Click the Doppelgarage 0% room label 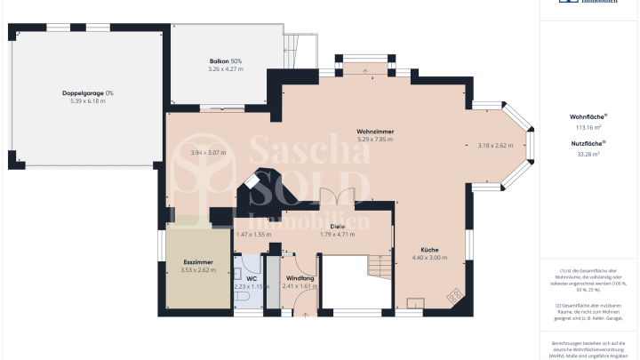(x=87, y=93)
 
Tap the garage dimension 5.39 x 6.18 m (x=87, y=101)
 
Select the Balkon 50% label (x=224, y=60)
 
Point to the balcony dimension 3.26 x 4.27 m (x=224, y=68)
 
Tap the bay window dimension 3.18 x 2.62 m (x=496, y=145)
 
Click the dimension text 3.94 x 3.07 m (x=208, y=152)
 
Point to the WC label (x=252, y=277)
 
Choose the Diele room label (x=337, y=227)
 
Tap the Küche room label (x=428, y=250)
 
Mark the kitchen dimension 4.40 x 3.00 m (x=428, y=258)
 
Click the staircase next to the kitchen (x=380, y=266)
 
